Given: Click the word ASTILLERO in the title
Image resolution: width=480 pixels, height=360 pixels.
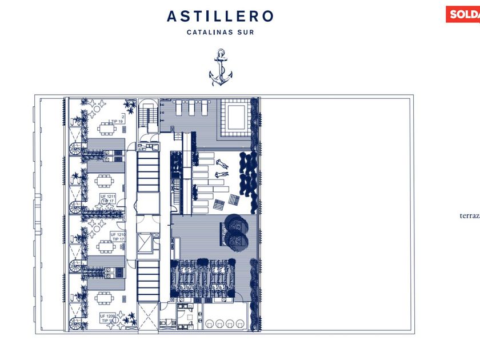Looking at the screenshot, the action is coord(220,17).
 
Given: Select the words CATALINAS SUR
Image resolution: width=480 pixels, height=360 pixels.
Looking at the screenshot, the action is coord(220,33).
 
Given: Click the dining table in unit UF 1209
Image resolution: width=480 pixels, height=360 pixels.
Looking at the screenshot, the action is coord(105,298).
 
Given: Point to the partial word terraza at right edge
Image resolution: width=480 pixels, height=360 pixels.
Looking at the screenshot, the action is coord(470,216).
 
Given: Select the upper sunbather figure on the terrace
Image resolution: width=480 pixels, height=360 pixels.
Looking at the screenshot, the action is coord(223,164).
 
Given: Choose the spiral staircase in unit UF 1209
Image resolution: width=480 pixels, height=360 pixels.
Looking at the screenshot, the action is coord(77,324).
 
